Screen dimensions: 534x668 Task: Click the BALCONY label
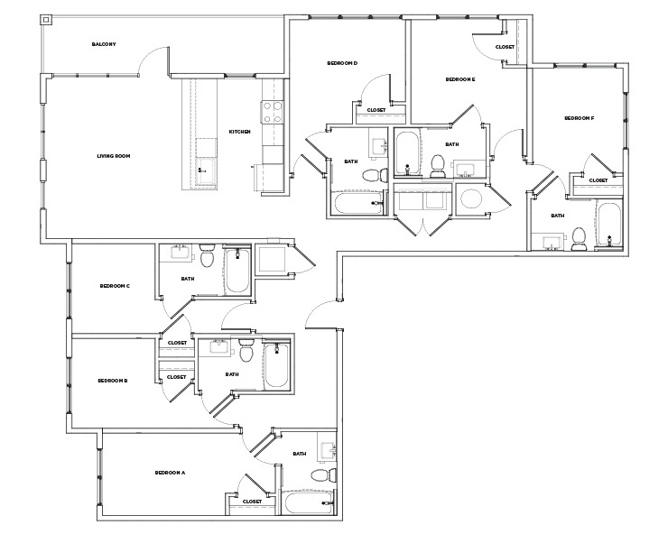pyautogui.click(x=104, y=44)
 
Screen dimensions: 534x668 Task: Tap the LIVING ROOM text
pyautogui.click(x=114, y=156)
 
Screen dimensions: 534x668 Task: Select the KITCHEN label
pyautogui.click(x=239, y=132)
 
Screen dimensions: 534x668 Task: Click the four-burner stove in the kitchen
pyautogui.click(x=272, y=112)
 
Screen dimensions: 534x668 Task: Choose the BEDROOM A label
pyautogui.click(x=170, y=473)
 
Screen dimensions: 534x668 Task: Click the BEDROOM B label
pyautogui.click(x=113, y=381)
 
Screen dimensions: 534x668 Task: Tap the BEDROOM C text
pyautogui.click(x=116, y=286)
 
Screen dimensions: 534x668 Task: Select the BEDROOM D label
pyautogui.click(x=343, y=63)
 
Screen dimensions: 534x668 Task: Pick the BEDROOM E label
pyautogui.click(x=460, y=79)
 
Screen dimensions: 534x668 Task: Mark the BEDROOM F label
pyautogui.click(x=579, y=118)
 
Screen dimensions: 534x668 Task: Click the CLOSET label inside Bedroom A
pyautogui.click(x=252, y=502)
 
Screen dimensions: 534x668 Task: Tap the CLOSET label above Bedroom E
pyautogui.click(x=506, y=47)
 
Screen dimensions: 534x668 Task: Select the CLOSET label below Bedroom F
pyautogui.click(x=598, y=180)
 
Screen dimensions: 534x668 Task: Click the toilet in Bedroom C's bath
pyautogui.click(x=207, y=259)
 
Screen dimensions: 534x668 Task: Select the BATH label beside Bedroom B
pyautogui.click(x=232, y=374)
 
